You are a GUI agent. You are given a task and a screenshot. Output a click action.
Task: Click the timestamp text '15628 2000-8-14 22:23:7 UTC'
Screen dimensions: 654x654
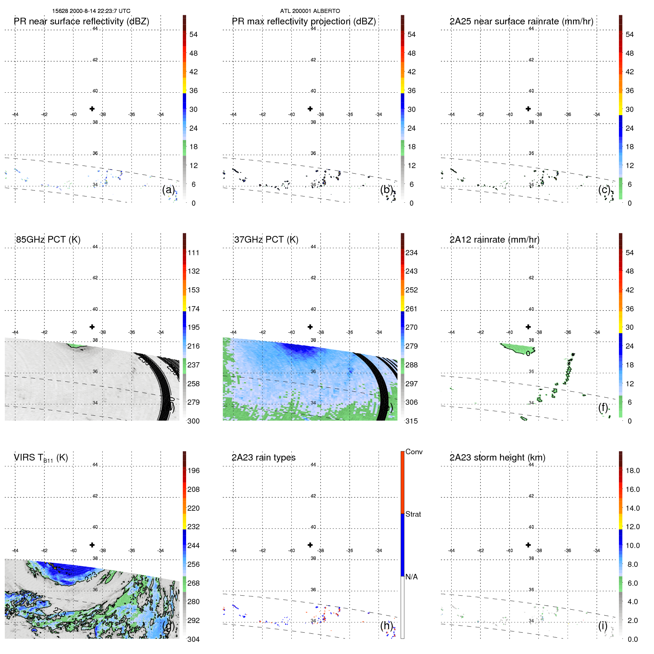click(x=91, y=11)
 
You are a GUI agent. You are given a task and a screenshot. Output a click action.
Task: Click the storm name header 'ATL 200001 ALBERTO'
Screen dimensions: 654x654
click(x=310, y=11)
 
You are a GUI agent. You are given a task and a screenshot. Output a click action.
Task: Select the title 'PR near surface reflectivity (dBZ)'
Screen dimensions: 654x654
click(x=81, y=21)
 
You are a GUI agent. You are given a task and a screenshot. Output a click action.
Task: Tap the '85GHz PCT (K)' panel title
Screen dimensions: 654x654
click(x=48, y=239)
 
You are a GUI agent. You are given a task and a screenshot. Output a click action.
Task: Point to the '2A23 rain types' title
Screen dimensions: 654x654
click(x=263, y=458)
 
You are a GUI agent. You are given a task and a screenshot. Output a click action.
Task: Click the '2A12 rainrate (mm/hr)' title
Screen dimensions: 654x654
click(x=494, y=239)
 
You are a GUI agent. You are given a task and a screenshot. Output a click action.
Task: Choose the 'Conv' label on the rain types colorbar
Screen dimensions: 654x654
click(x=414, y=452)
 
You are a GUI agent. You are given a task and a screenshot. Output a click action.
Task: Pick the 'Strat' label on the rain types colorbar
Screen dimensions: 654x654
click(x=413, y=514)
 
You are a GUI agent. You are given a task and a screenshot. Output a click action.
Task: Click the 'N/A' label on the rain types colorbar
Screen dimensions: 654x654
click(x=411, y=577)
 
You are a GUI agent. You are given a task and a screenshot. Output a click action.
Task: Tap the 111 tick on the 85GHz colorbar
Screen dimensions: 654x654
click(x=193, y=253)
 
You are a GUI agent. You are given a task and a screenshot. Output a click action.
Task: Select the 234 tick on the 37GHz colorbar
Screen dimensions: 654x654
click(x=411, y=253)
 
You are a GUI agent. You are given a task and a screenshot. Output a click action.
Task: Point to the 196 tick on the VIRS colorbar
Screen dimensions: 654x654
click(x=193, y=470)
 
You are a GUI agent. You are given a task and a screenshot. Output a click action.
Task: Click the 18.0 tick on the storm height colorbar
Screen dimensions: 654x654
click(x=632, y=470)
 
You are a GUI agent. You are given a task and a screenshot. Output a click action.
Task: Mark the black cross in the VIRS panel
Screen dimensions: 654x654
click(x=92, y=545)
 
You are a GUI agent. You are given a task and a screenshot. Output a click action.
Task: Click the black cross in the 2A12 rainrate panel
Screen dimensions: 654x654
click(x=528, y=327)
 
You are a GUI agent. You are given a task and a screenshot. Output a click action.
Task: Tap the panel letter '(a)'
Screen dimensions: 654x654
click(x=168, y=189)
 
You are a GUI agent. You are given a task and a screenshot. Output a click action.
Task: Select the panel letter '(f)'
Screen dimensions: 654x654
click(x=603, y=407)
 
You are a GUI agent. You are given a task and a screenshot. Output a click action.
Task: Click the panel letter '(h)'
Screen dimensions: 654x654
click(x=386, y=626)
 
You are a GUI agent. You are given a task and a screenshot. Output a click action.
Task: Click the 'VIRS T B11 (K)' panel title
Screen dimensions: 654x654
click(x=41, y=458)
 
